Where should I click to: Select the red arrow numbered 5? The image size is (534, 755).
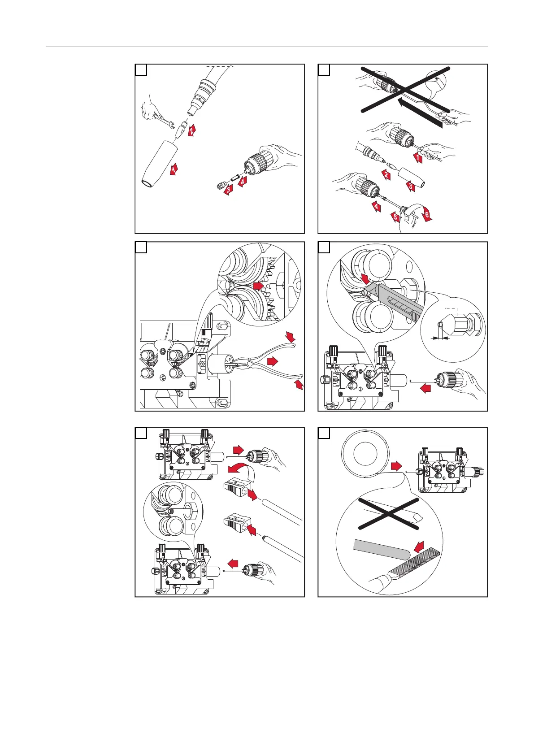tap(395, 217)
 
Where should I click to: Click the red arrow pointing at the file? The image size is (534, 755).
tap(419, 547)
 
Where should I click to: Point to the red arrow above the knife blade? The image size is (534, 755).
tap(366, 279)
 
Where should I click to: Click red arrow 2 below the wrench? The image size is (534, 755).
tap(192, 131)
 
